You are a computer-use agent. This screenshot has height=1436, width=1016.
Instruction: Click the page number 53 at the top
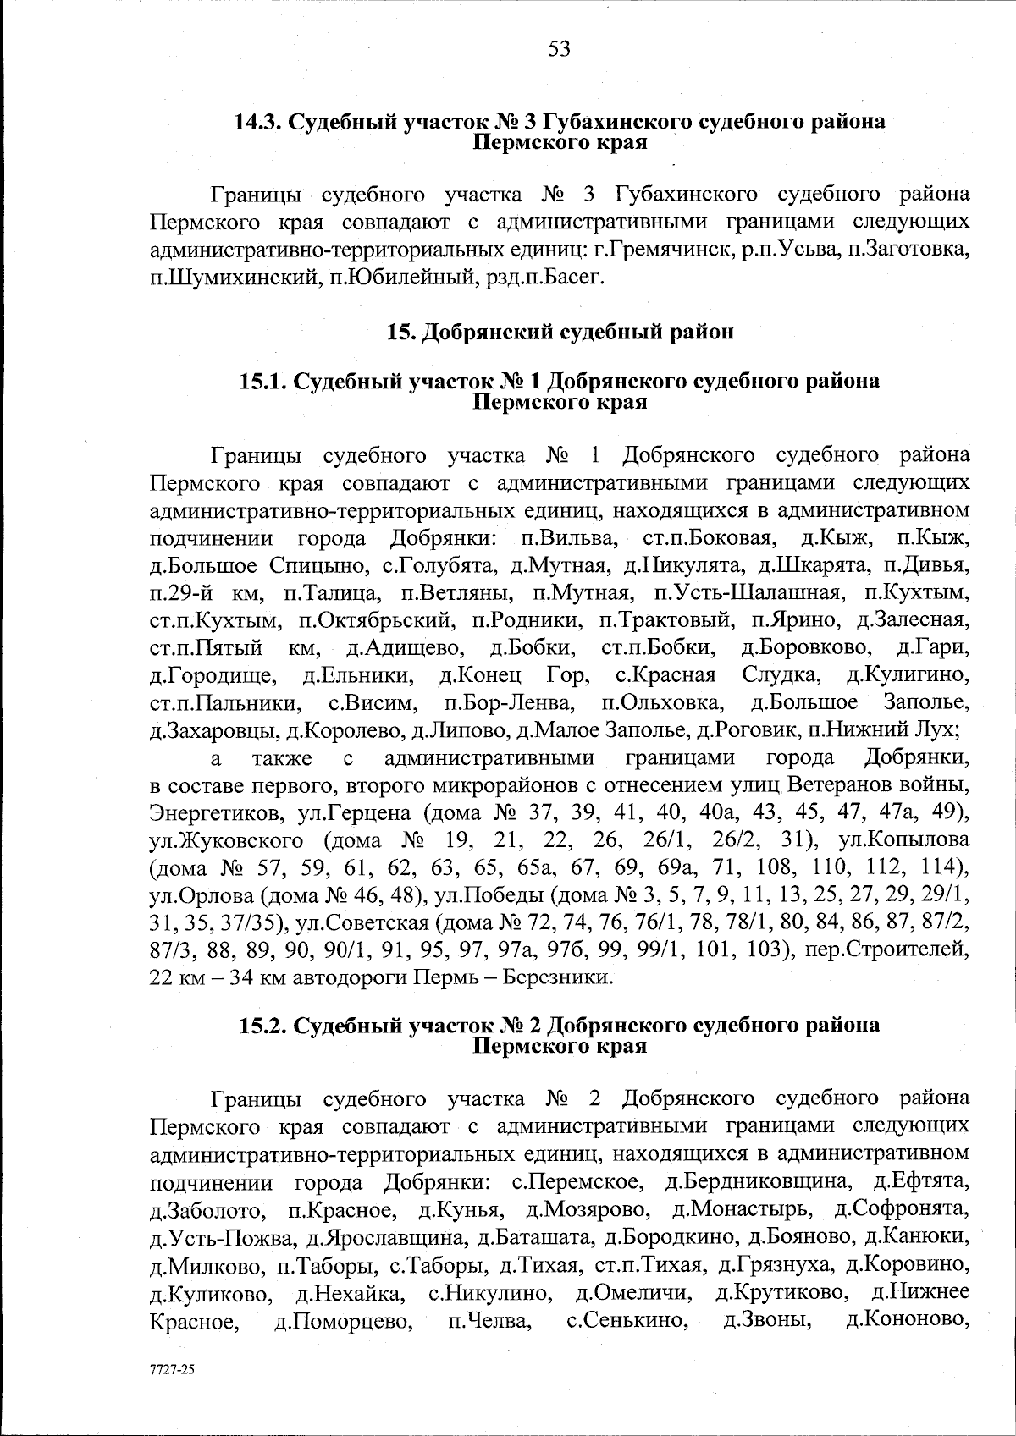(560, 49)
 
